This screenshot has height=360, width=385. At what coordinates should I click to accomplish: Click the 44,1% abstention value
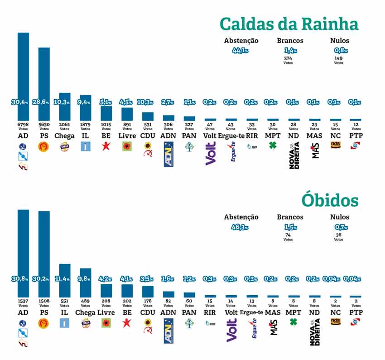coord(241,51)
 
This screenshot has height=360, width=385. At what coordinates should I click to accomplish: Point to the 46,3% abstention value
coord(241,227)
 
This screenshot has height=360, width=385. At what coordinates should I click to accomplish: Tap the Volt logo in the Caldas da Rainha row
coord(210,154)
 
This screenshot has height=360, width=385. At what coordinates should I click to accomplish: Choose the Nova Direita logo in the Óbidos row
coord(314,332)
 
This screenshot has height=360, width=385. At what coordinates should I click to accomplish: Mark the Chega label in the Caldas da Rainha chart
coord(64,136)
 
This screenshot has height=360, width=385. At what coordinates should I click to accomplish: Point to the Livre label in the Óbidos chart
coord(106,312)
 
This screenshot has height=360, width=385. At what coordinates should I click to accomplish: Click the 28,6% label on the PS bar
coord(44,102)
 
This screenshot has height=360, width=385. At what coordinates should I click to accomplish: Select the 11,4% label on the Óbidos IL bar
coord(64,279)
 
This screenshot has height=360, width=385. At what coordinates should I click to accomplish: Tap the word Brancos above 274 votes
coord(290,40)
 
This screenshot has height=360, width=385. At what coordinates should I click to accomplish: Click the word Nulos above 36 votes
coord(339,217)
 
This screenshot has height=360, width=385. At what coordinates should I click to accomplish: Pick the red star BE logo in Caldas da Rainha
coord(106,146)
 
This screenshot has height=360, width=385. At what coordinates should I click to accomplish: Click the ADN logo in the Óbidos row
coord(168,329)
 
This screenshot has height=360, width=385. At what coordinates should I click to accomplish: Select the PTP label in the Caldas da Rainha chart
coord(356,136)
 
